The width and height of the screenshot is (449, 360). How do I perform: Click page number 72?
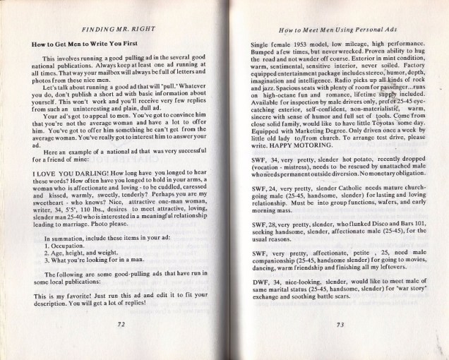click(x=121, y=322)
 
